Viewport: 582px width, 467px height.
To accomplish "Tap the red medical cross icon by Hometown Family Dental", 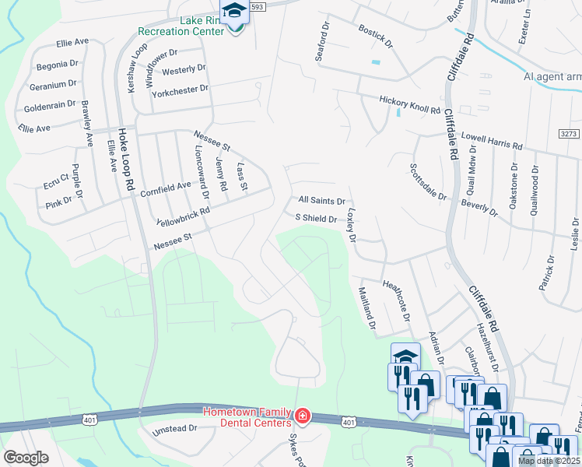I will tap(301, 418).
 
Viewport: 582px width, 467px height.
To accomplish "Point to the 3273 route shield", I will tap(569, 135).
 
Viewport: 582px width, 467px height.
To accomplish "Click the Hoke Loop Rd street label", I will tap(123, 160).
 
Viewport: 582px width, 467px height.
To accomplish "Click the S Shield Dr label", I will tap(315, 219).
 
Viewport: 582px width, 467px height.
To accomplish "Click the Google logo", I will tap(26, 458).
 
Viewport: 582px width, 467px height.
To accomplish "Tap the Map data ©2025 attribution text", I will tap(548, 461).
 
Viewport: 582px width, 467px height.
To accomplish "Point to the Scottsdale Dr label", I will tap(429, 181).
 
